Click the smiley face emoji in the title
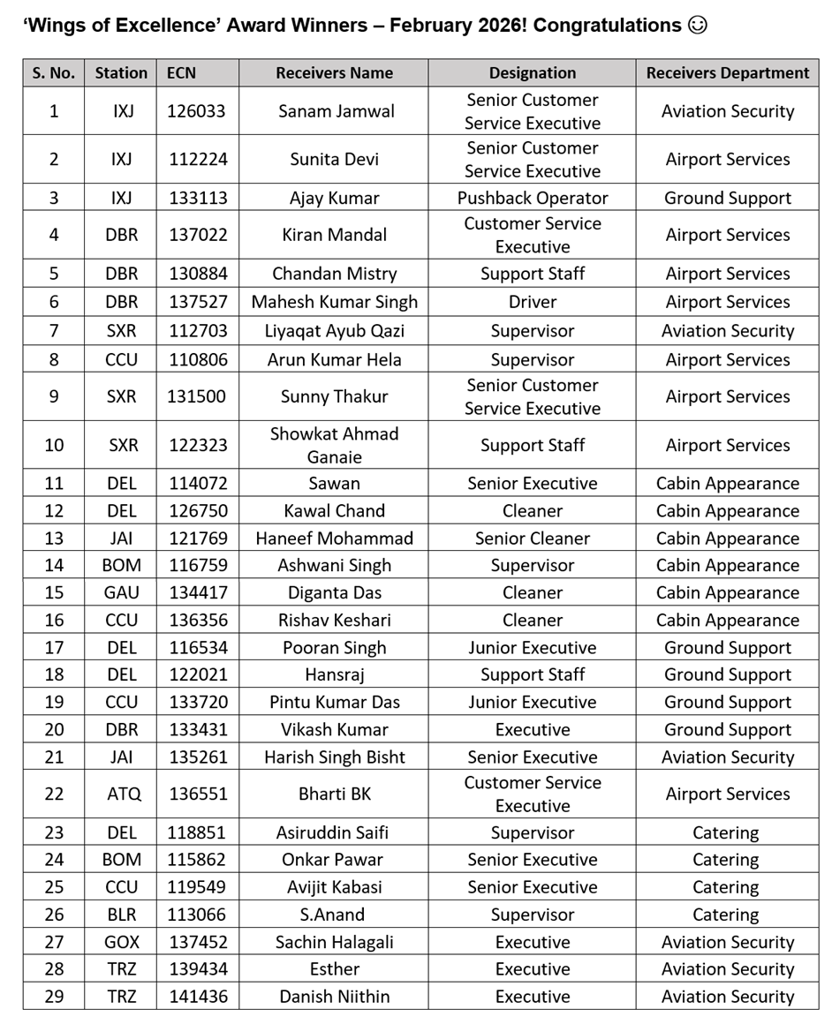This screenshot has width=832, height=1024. tap(697, 25)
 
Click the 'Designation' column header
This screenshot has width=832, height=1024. tap(532, 73)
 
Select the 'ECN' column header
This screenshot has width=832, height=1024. tap(181, 73)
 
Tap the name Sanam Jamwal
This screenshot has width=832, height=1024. tap(334, 111)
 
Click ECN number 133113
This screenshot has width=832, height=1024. tap(197, 198)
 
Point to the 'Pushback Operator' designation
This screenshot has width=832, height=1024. tap(532, 198)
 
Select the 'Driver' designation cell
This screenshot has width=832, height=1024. tap(532, 302)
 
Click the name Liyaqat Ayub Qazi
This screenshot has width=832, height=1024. tap(334, 331)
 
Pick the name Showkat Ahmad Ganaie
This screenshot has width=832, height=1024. tap(334, 445)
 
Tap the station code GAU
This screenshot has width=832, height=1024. tap(121, 593)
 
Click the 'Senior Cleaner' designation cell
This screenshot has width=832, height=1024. tap(532, 538)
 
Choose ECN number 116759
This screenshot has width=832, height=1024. tap(197, 566)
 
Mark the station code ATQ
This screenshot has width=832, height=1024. tap(123, 794)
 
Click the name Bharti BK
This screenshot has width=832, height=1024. tap(334, 794)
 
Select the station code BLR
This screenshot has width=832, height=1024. tap(121, 915)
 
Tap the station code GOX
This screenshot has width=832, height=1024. tap(121, 943)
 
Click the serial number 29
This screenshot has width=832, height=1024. tap(54, 997)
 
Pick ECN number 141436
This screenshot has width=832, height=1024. tap(197, 997)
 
